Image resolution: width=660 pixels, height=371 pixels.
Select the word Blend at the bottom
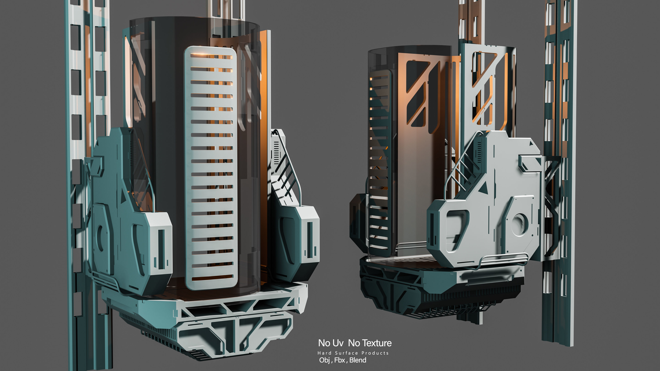[358, 360]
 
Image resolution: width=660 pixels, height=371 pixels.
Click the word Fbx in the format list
[340, 360]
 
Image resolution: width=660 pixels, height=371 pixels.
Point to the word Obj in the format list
[324, 360]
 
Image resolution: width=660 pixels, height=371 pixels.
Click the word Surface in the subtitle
[346, 353]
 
